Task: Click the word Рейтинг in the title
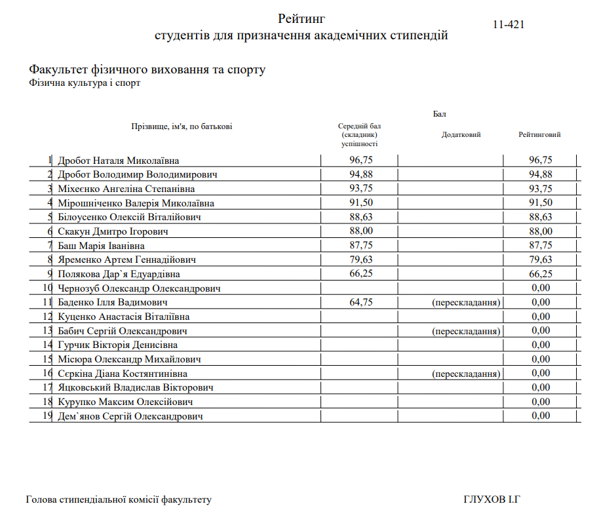click(x=301, y=18)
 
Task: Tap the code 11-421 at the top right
click(x=509, y=25)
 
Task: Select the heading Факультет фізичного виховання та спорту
click(x=147, y=69)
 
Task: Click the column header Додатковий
click(x=461, y=135)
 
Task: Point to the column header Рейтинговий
click(x=539, y=135)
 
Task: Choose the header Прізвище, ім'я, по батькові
click(x=182, y=126)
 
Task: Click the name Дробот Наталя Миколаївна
click(x=118, y=161)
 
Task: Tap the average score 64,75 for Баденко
click(x=360, y=302)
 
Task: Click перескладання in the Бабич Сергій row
click(x=467, y=331)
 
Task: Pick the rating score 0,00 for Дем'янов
click(x=541, y=416)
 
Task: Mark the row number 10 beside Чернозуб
click(x=47, y=288)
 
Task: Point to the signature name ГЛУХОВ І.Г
click(x=491, y=500)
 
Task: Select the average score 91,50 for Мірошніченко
click(x=360, y=203)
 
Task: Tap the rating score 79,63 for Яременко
click(x=541, y=260)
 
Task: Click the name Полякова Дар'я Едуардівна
click(x=119, y=274)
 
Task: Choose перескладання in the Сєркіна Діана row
click(x=467, y=374)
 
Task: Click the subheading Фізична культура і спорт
click(x=85, y=83)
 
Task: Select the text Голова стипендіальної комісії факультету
click(x=119, y=500)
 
